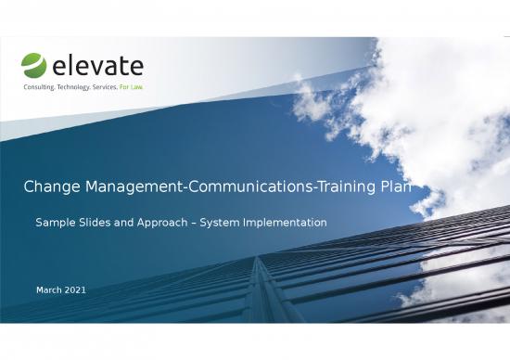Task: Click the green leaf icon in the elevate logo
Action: pyautogui.click(x=33, y=66)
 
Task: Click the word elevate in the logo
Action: pyautogui.click(x=97, y=66)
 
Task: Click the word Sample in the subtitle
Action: pyautogui.click(x=56, y=224)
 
